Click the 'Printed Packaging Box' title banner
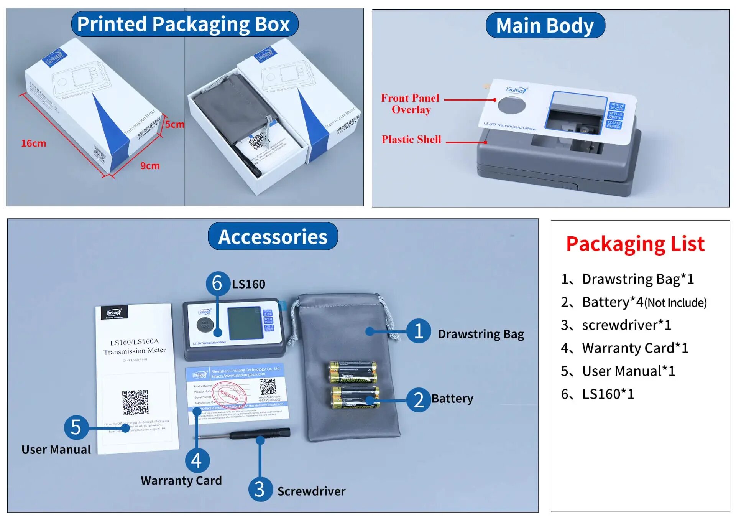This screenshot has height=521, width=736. pyautogui.click(x=184, y=24)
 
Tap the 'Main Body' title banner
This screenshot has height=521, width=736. pyautogui.click(x=545, y=26)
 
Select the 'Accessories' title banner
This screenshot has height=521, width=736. pyautogui.click(x=273, y=236)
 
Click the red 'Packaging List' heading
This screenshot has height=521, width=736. pyautogui.click(x=635, y=244)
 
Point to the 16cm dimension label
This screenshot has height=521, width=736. pyautogui.click(x=33, y=143)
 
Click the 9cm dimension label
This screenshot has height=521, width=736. pyautogui.click(x=150, y=166)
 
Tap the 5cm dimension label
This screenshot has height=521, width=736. pyautogui.click(x=174, y=124)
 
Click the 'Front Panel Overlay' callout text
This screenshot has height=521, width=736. pyautogui.click(x=410, y=104)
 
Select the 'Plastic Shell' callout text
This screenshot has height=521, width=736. pyautogui.click(x=411, y=139)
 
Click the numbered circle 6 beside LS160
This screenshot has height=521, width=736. pyautogui.click(x=217, y=283)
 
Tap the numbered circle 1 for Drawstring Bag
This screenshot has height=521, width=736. pyautogui.click(x=419, y=331)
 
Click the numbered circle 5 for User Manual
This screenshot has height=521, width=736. pyautogui.click(x=76, y=427)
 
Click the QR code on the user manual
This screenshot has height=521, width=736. pyautogui.click(x=135, y=402)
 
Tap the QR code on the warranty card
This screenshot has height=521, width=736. pyautogui.click(x=268, y=387)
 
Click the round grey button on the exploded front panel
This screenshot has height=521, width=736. pyautogui.click(x=511, y=105)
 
